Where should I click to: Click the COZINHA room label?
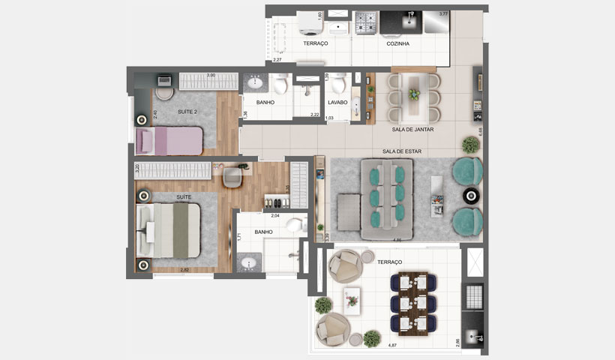pos(397,44)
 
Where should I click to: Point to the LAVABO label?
pos(337,103)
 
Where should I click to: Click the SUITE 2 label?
pos(187,112)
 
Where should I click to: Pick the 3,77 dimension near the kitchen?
pos(443,13)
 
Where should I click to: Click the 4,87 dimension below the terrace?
pos(391,345)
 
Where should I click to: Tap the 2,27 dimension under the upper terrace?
pos(277,59)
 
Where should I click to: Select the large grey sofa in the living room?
pos(385,199)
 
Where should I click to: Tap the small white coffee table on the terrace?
pos(352,300)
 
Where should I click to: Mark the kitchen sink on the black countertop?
pos(410,22)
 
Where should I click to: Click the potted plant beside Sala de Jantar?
pos(470,144)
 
